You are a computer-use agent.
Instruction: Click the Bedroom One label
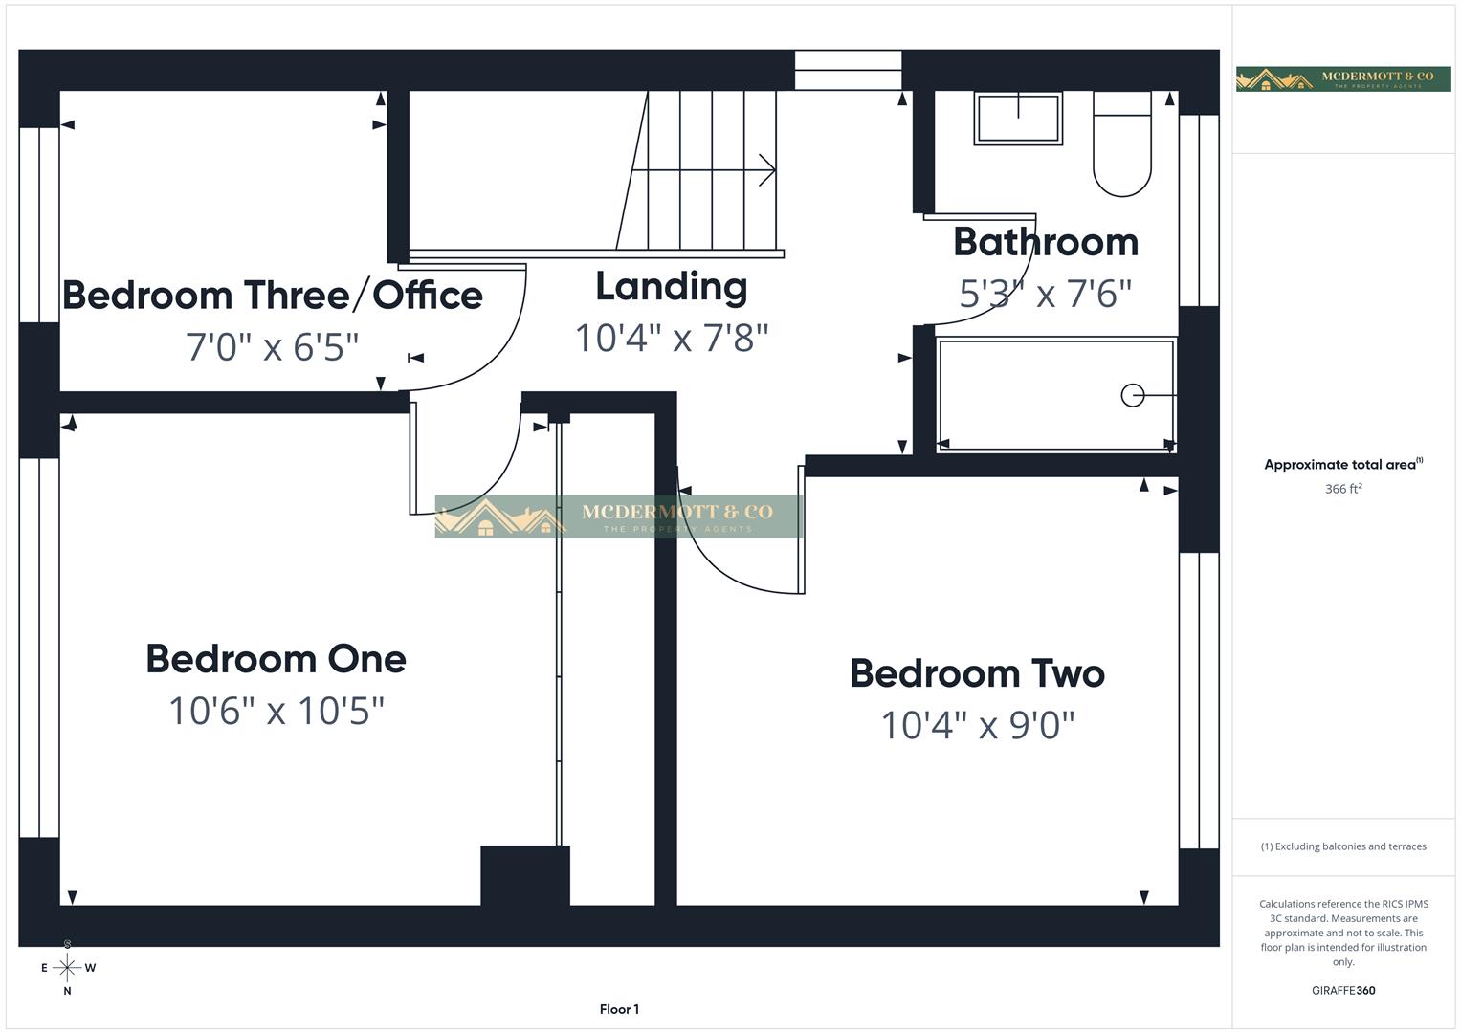coord(276,659)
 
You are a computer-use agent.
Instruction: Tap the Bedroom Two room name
coord(977,674)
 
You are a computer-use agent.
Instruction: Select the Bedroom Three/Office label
coord(273,296)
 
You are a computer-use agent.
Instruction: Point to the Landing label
coord(671,287)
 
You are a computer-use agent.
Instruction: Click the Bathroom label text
coord(1046,242)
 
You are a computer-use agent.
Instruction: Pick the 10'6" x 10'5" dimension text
coord(276,711)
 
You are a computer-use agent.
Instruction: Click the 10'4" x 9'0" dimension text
coord(977,726)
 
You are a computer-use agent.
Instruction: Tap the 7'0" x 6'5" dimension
coord(273,346)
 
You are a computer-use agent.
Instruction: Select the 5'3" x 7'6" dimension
coord(1046,294)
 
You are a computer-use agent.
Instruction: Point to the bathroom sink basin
coord(1018,118)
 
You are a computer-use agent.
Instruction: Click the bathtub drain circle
coord(1132,395)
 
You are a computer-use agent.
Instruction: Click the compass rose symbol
coord(67,968)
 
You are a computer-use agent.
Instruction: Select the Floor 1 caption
coord(619,1009)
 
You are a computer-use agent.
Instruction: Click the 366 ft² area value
coord(1343,489)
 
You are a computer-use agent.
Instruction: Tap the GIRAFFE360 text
coord(1343,991)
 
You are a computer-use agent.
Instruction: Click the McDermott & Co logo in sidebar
coord(1343,78)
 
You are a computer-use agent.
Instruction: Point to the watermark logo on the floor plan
coord(618,516)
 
